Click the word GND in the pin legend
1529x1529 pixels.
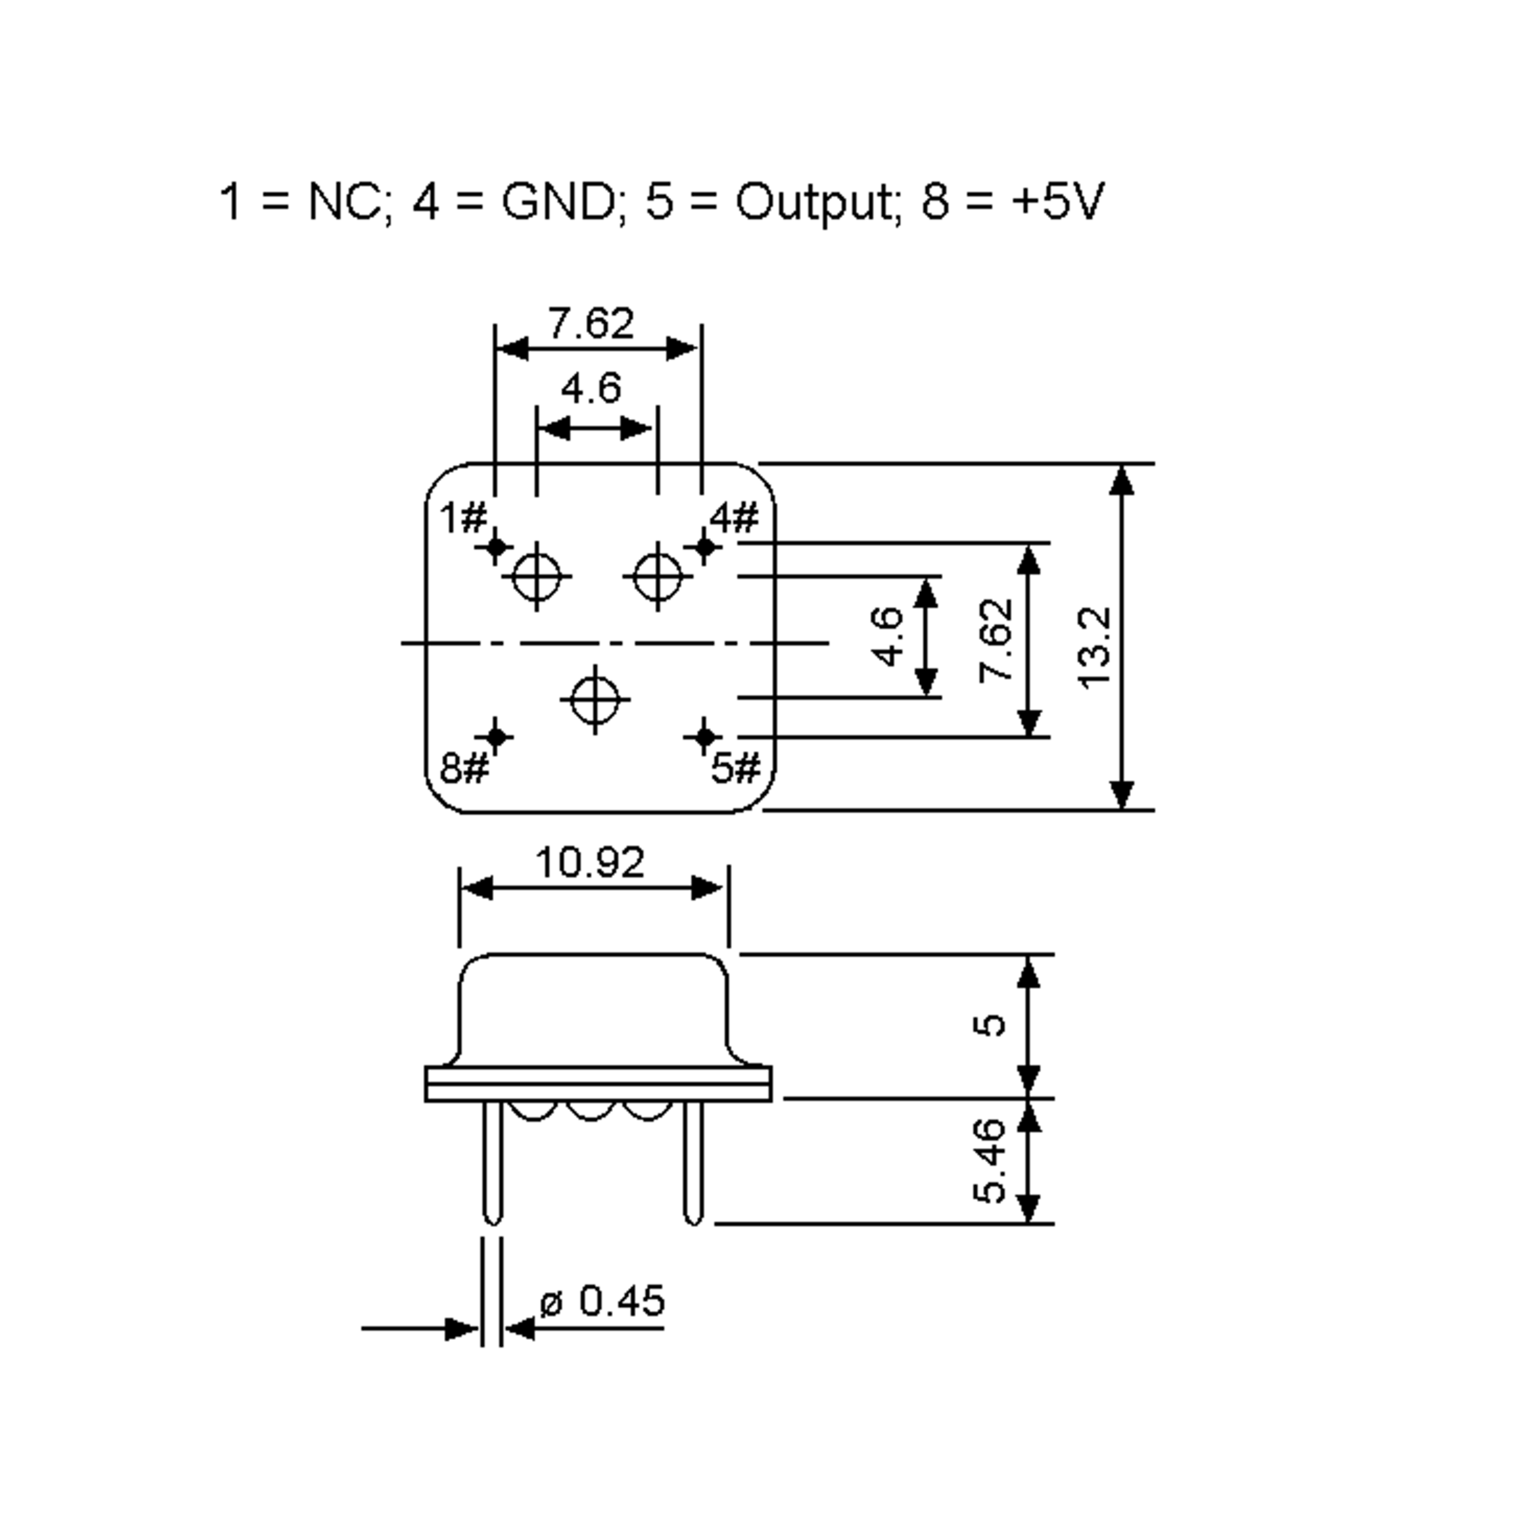click(x=558, y=202)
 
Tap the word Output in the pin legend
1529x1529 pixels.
click(x=816, y=203)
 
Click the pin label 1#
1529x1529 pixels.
click(x=463, y=519)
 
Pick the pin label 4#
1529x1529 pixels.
click(x=734, y=519)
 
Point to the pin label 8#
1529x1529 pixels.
click(x=464, y=768)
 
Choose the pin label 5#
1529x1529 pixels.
click(x=735, y=768)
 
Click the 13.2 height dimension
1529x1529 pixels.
click(x=1096, y=648)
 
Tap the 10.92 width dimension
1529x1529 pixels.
click(x=591, y=863)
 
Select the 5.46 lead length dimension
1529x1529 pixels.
click(x=989, y=1161)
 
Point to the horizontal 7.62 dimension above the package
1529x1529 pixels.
click(x=591, y=324)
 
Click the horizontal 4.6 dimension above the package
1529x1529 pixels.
click(x=591, y=389)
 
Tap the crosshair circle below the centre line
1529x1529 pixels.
click(x=595, y=700)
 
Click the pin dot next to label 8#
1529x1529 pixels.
click(x=496, y=738)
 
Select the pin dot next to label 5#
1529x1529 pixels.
click(x=705, y=738)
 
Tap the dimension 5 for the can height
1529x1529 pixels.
click(x=989, y=1025)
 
